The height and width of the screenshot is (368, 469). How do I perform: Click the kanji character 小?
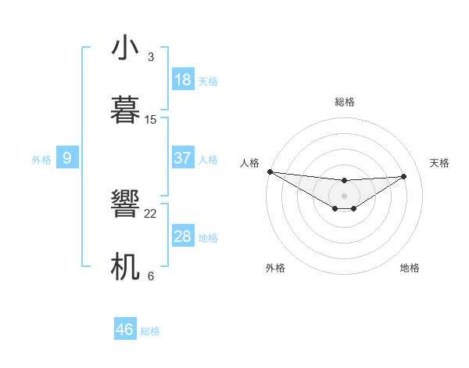pyautogui.click(x=125, y=48)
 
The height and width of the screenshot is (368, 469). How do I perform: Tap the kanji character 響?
pyautogui.click(x=125, y=205)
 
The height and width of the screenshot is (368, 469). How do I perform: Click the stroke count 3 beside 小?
pyautogui.click(x=150, y=56)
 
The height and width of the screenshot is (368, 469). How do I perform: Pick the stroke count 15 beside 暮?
pyautogui.click(x=151, y=119)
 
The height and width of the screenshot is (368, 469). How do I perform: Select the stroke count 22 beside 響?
pyautogui.click(x=151, y=213)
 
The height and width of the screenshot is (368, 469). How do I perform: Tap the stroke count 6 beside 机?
pyautogui.click(x=150, y=276)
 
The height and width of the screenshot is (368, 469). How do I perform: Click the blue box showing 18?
pyautogui.click(x=183, y=80)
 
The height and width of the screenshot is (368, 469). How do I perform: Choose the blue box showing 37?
pyautogui.click(x=183, y=158)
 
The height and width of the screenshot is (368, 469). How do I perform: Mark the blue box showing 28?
pyautogui.click(x=183, y=236)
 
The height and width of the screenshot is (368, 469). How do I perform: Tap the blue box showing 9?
pyautogui.click(x=67, y=158)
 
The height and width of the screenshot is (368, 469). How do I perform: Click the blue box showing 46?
pyautogui.click(x=125, y=330)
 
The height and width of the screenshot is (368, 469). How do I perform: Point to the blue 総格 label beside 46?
pyautogui.click(x=150, y=331)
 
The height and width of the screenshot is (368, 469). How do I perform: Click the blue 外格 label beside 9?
pyautogui.click(x=41, y=160)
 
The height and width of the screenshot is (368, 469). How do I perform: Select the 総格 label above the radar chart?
pyautogui.click(x=344, y=102)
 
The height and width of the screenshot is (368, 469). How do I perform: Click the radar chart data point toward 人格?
pyautogui.click(x=270, y=171)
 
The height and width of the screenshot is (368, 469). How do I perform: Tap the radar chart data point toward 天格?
pyautogui.click(x=404, y=176)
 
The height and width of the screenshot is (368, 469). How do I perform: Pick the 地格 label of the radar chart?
pyautogui.click(x=410, y=268)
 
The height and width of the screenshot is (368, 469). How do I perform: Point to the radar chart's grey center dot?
pyautogui.click(x=344, y=195)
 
